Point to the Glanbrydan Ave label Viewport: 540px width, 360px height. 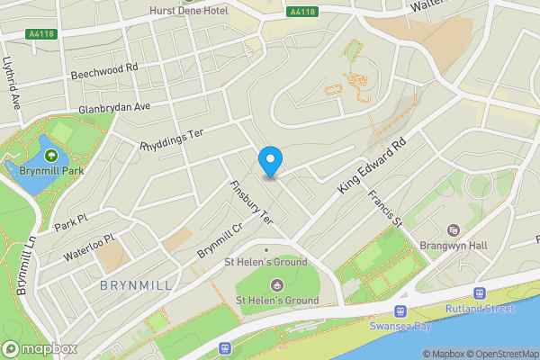[113, 107]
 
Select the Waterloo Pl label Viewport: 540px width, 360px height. [89, 247]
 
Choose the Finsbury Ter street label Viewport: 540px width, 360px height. [250, 202]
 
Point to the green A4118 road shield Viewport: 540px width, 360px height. [302, 12]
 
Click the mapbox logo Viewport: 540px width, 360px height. [40, 348]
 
